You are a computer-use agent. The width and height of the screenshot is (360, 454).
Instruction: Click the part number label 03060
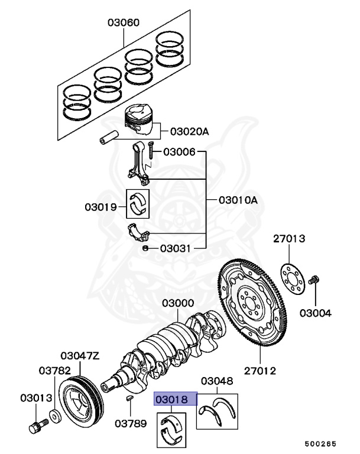point(124,23)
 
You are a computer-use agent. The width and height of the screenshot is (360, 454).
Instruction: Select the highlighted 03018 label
point(172,399)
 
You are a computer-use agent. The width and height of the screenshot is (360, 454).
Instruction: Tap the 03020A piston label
point(190,131)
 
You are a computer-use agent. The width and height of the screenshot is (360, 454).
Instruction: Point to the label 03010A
point(238,200)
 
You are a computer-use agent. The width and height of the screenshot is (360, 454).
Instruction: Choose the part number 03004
point(315,313)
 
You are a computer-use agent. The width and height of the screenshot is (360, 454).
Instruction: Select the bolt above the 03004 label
point(314,279)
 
